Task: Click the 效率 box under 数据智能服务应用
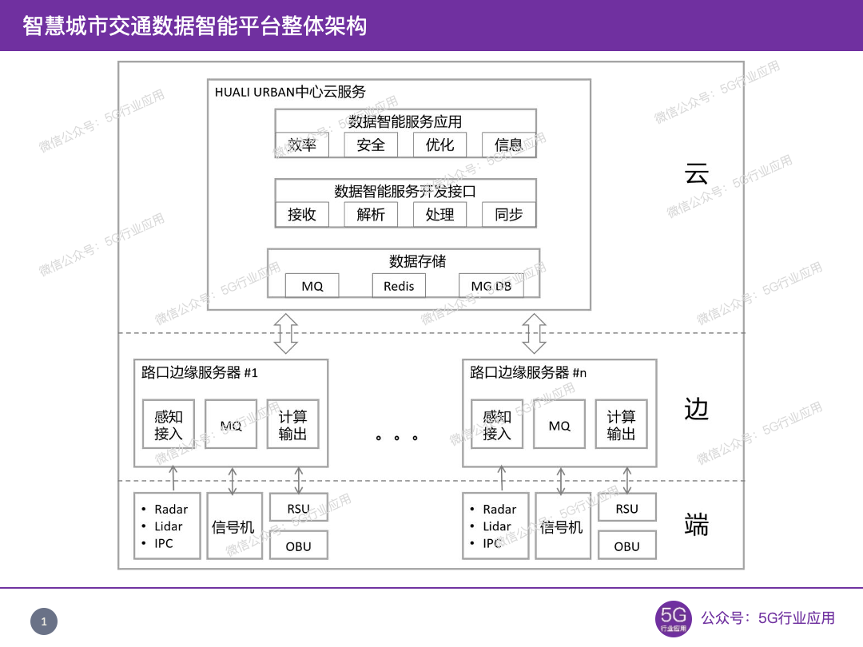click(302, 145)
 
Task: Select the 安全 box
click(371, 145)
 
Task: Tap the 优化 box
click(439, 145)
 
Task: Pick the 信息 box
click(509, 145)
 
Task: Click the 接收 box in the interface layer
click(302, 214)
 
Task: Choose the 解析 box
click(371, 214)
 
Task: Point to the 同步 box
click(509, 214)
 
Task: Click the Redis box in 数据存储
click(399, 286)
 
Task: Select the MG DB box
click(491, 286)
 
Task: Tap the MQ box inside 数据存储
click(312, 286)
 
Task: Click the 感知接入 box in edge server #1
click(169, 424)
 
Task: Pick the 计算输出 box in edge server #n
click(621, 424)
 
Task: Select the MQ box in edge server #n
click(559, 424)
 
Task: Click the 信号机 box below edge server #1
click(233, 526)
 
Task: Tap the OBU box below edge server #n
click(627, 546)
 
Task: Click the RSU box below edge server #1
click(299, 508)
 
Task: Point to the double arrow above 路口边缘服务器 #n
click(534, 334)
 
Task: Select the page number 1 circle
click(44, 621)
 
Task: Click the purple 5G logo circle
click(674, 618)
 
